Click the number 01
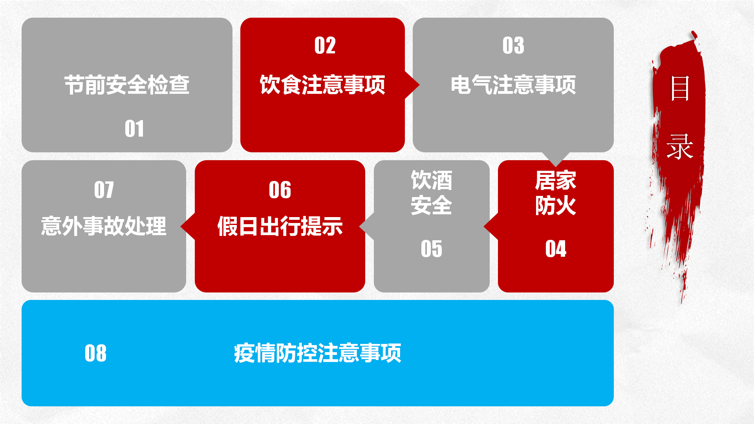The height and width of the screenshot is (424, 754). [134, 129]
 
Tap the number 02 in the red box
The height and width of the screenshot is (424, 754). [325, 46]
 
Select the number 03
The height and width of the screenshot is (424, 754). [513, 46]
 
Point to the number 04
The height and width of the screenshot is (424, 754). [556, 249]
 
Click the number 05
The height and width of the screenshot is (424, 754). [431, 249]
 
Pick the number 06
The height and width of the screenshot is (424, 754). [280, 190]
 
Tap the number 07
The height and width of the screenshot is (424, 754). [104, 190]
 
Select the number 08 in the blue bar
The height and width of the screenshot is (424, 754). [95, 353]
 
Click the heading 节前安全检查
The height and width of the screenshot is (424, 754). [127, 85]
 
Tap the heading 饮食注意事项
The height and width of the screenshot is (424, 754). [322, 85]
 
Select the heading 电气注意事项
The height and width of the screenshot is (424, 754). [513, 85]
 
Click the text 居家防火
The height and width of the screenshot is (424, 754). [556, 193]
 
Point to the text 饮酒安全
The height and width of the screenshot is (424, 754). [431, 193]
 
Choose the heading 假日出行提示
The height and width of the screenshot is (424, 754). [280, 226]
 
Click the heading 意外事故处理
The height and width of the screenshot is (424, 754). [104, 226]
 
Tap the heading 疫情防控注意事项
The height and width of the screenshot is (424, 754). [317, 353]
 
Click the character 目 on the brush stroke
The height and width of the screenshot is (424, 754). [680, 88]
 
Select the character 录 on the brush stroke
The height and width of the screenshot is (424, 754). [680, 146]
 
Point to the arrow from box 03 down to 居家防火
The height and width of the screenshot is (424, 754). [555, 159]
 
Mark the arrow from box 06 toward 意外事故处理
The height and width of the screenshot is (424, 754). [188, 226]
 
